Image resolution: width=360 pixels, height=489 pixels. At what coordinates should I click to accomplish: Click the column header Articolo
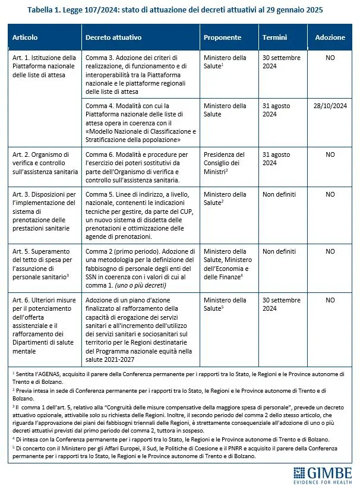click(25, 37)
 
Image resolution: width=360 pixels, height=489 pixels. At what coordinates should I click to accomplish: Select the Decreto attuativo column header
click(113, 37)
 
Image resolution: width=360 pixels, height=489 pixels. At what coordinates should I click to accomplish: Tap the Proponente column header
click(222, 37)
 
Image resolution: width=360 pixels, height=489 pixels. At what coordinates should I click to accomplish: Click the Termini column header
click(274, 37)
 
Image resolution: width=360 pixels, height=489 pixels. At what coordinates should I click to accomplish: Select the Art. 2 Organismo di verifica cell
click(45, 163)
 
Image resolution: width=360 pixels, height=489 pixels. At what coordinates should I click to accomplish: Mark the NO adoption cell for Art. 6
click(330, 300)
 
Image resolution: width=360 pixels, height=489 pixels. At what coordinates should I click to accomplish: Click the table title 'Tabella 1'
click(180, 10)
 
